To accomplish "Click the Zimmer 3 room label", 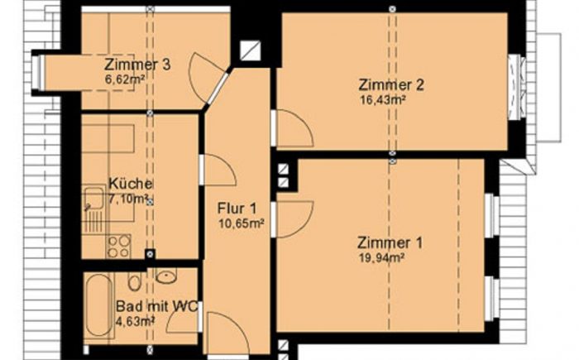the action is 137,65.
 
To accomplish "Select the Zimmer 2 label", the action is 391,84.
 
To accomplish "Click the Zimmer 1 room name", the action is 390,242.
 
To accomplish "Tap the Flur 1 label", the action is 237,209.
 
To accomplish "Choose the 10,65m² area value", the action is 242,223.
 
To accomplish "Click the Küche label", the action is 131,184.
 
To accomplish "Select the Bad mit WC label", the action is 157,306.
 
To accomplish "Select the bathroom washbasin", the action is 166,276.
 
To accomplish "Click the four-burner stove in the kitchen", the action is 118,246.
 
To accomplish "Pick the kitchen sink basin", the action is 93,199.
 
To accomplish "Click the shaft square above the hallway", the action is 251,50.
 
